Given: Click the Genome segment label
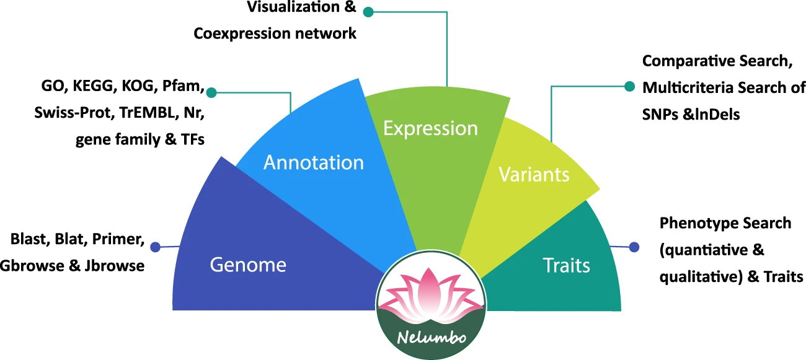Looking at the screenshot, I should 248,265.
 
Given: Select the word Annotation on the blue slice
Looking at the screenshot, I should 314,162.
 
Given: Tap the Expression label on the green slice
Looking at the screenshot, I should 430,128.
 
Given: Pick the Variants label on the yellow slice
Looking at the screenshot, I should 534,174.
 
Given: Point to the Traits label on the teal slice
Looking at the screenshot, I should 566,266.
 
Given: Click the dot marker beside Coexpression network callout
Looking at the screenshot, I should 368,12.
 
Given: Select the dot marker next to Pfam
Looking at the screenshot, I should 211,93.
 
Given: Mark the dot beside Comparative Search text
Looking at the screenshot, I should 630,87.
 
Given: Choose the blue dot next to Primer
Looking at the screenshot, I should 156,247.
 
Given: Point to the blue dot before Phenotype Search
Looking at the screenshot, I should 634,247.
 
